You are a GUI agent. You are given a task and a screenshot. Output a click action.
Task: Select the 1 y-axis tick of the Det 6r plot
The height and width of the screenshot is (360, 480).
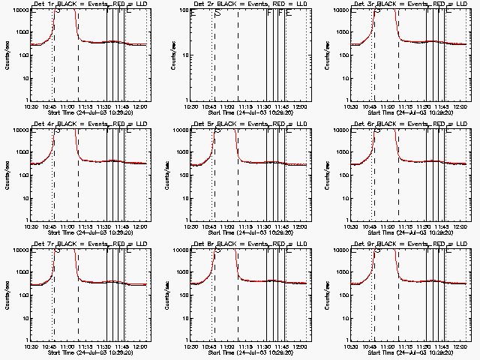tap(346, 220)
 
